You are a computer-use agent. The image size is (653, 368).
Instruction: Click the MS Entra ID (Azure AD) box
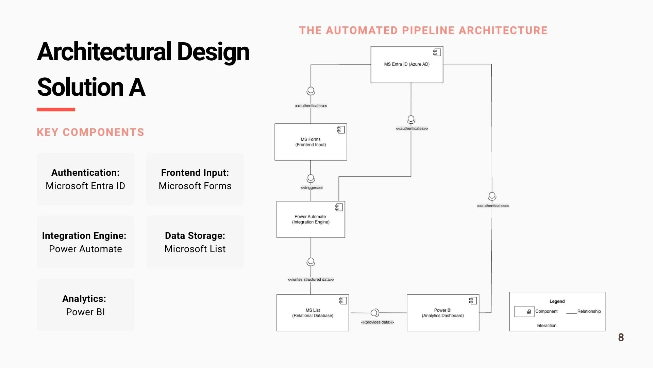pos(407,64)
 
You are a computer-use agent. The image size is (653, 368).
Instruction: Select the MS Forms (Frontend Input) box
pos(311,142)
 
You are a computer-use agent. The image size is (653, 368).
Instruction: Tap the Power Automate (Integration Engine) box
pos(311,219)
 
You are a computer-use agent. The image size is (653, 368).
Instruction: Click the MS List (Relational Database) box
pos(313,313)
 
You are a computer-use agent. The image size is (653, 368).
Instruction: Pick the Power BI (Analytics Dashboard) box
pos(443,313)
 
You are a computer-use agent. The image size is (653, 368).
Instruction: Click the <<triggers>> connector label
pos(312,188)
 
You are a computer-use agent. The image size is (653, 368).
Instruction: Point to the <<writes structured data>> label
pos(311,279)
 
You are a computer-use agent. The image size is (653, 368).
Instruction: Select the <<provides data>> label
pos(377,322)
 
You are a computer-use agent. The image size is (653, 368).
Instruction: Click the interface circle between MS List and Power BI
pos(374,313)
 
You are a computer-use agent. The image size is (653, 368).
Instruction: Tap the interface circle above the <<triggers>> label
pos(311,178)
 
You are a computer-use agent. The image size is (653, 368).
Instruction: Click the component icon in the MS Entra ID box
pos(437,52)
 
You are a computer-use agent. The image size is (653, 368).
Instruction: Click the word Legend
pos(557,301)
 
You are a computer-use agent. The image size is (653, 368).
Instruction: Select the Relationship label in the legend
pos(589,311)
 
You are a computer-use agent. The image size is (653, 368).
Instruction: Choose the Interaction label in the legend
pos(546,326)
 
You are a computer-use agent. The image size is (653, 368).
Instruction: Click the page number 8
pos(621,337)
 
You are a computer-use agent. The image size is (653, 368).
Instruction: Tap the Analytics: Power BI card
pos(85,305)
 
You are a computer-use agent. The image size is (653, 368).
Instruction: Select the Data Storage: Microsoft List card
pos(195,242)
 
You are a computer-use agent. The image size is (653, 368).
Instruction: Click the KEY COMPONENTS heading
pos(90,132)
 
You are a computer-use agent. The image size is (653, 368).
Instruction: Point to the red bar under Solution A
pos(56,109)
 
